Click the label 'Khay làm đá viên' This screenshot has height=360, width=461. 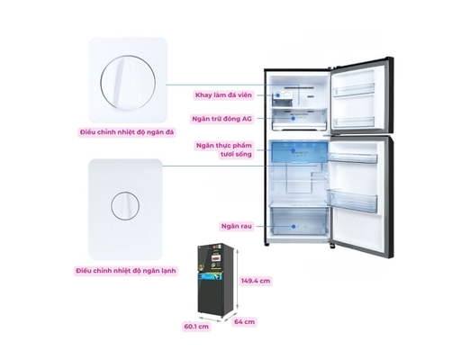[223, 95]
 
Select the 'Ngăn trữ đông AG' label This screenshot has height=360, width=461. [221, 119]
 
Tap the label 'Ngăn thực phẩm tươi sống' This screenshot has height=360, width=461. [224, 149]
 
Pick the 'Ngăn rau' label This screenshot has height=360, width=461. [237, 226]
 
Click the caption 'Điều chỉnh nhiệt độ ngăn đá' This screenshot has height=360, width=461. [127, 132]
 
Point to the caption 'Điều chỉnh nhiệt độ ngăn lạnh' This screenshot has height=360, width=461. [126, 271]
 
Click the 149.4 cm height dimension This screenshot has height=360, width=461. [256, 281]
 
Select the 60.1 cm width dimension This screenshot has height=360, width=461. [196, 326]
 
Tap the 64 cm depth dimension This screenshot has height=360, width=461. [244, 322]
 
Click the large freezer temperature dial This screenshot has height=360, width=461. [128, 83]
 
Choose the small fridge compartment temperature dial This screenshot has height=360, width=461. [125, 206]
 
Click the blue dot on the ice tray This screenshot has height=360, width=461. [278, 95]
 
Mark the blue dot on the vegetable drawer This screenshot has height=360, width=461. [294, 227]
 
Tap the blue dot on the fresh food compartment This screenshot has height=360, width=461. [294, 150]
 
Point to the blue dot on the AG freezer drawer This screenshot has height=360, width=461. [294, 119]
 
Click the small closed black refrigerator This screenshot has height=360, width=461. [215, 280]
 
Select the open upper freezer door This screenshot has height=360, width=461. [362, 95]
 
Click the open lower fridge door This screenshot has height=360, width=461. [360, 196]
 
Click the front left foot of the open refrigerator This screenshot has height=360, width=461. [267, 245]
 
